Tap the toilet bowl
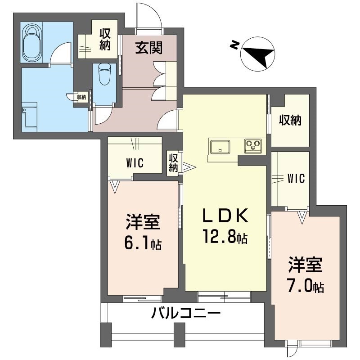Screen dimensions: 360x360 104,74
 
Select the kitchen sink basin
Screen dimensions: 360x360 220,147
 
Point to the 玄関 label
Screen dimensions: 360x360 148,48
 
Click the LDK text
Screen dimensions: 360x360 225,216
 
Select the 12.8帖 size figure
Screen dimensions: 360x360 225,236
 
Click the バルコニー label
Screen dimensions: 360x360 186,313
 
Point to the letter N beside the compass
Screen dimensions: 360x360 234,45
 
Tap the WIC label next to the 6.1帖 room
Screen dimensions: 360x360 135,163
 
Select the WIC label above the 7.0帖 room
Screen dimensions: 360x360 296,178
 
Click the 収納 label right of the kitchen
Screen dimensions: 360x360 290,120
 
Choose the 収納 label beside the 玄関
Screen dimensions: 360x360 105,40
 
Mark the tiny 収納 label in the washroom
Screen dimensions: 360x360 81,97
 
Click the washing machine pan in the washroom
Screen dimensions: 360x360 29,117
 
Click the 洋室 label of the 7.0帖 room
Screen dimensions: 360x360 306,265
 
